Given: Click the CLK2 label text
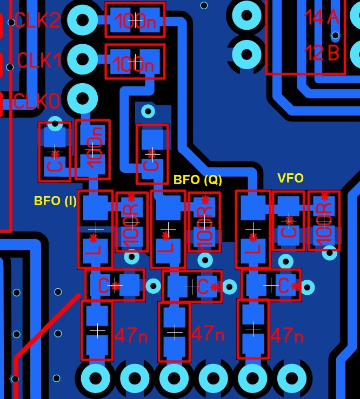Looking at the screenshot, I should click(x=37, y=21).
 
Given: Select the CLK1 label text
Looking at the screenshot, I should click(x=39, y=60).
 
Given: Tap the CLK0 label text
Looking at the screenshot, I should click(x=37, y=101).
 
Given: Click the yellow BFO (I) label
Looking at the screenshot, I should click(x=55, y=201).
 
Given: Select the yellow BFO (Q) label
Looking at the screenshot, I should click(x=198, y=180).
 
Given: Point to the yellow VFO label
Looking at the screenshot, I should click(x=290, y=178).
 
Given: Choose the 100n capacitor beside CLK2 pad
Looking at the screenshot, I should click(x=135, y=21).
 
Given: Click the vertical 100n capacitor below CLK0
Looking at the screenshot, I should click(x=93, y=150).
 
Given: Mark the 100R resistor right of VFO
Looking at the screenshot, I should click(x=324, y=221).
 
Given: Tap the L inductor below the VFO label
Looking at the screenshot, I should click(x=253, y=229).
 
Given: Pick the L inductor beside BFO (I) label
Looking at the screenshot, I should click(x=95, y=229).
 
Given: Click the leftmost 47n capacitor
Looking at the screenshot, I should click(x=97, y=330).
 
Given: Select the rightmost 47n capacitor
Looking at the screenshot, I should click(x=253, y=329).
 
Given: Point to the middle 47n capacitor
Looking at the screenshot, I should click(x=175, y=332).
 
